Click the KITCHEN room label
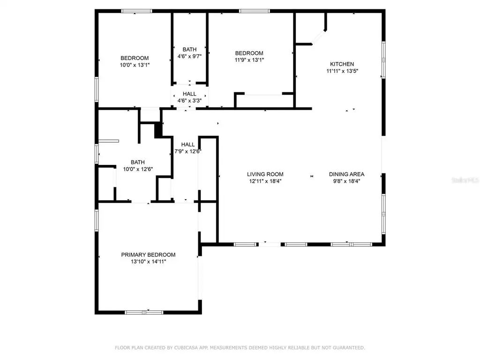(x=342, y=64)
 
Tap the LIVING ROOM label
(x=265, y=174)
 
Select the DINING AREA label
(x=346, y=174)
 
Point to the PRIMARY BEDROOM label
(x=148, y=255)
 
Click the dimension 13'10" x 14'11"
(x=148, y=262)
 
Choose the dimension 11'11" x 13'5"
(x=342, y=71)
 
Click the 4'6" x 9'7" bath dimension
(x=190, y=56)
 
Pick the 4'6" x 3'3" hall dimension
(x=190, y=101)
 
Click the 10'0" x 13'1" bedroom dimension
(x=135, y=65)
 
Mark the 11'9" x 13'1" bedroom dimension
(x=249, y=60)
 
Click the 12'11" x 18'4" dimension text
(x=265, y=181)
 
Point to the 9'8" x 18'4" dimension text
(x=346, y=181)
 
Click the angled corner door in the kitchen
(x=321, y=36)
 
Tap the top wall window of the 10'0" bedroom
(x=136, y=11)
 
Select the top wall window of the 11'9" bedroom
(x=255, y=11)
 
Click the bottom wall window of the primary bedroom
(x=144, y=312)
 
